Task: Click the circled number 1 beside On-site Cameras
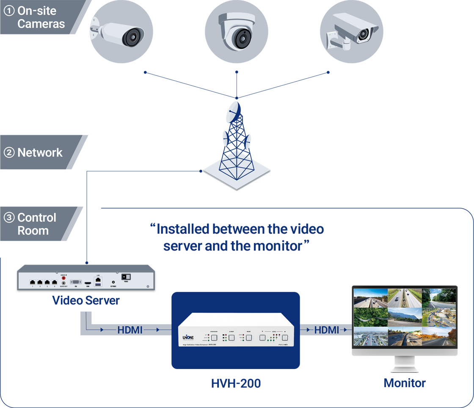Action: [x=9, y=11]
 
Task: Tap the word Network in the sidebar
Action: [x=40, y=153]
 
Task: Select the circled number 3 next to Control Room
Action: [x=9, y=218]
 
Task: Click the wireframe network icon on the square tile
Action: [x=236, y=166]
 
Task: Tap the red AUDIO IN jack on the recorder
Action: [x=64, y=278]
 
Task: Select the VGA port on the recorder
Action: [x=76, y=281]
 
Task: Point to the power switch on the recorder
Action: [x=126, y=277]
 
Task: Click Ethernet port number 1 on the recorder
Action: [x=32, y=282]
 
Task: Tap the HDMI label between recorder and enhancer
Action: [x=130, y=330]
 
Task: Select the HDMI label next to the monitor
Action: [x=327, y=330]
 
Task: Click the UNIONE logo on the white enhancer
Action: [x=188, y=337]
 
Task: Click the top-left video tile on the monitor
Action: [x=370, y=298]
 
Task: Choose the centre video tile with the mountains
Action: [x=405, y=317]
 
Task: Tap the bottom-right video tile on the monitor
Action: [x=439, y=336]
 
